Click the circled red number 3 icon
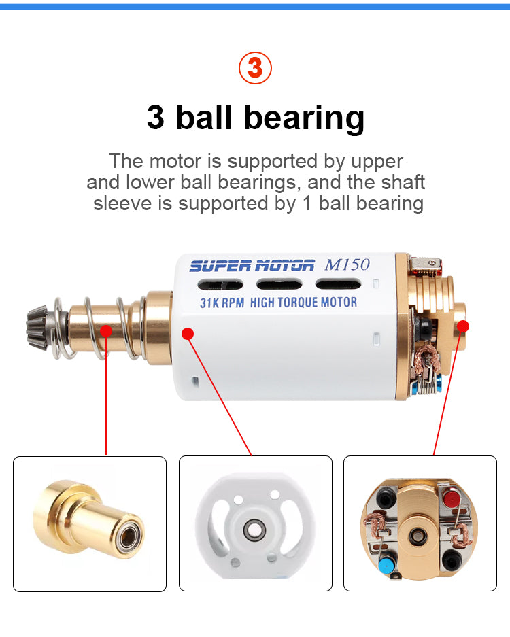click(255, 68)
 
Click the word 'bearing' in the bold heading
click(303, 118)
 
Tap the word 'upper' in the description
click(377, 162)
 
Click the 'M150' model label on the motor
click(347, 264)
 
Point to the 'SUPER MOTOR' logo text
click(252, 266)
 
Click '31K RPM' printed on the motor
click(222, 303)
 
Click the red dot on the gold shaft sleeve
click(106, 330)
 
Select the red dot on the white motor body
click(187, 334)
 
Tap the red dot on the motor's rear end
click(463, 326)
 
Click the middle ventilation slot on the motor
click(279, 284)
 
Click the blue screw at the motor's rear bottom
click(438, 382)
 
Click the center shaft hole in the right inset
click(417, 535)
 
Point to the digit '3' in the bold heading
click(156, 118)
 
